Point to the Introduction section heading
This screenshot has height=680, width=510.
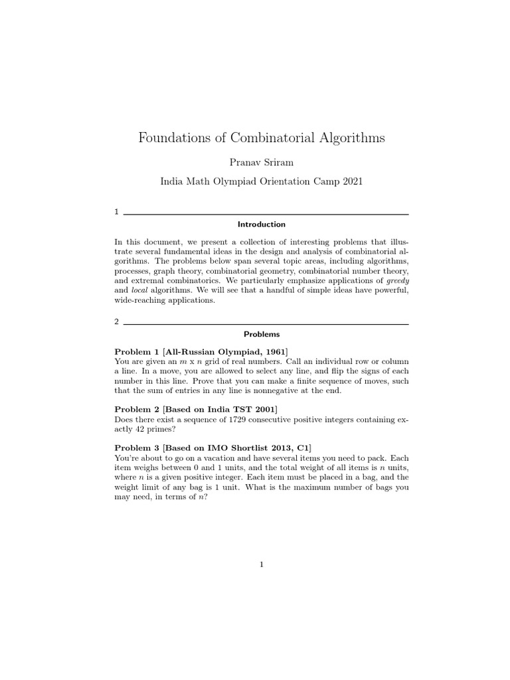[x=262, y=224]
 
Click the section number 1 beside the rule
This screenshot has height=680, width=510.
[x=117, y=212]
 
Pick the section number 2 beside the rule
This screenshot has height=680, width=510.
[x=117, y=321]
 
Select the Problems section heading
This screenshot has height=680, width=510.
[x=262, y=334]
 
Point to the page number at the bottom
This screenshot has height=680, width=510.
[x=262, y=565]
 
